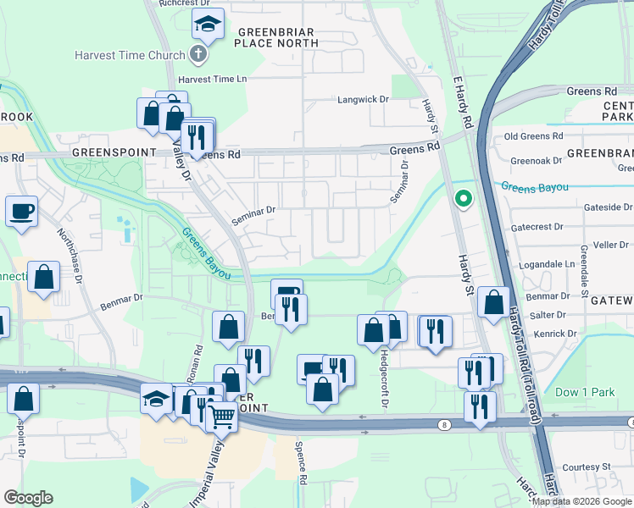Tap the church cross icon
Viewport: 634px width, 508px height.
pos(198,56)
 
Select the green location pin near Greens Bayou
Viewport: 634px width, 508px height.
pos(463,200)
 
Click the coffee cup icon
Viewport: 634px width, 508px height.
pos(21,211)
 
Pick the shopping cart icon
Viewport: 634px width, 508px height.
pos(222,416)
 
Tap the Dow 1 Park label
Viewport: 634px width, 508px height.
pos(584,393)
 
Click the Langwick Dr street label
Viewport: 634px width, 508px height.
pos(363,99)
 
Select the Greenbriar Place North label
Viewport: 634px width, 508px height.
pos(264,36)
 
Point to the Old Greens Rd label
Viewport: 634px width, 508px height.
pos(533,135)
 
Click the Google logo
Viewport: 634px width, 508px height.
pos(29,498)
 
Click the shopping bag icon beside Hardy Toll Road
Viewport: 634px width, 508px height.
pos(493,301)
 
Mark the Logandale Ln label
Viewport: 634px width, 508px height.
pos(545,264)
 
